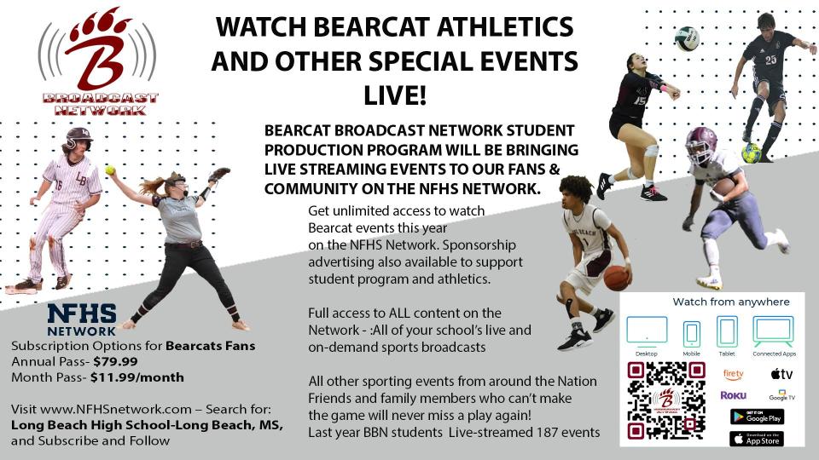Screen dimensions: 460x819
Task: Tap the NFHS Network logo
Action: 81,319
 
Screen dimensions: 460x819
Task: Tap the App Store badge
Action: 757,439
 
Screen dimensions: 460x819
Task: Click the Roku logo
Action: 733,395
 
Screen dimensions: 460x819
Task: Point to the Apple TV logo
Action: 781,374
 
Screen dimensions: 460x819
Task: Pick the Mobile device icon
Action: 692,333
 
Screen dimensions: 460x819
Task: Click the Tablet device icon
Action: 727,331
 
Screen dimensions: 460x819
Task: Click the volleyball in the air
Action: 686,38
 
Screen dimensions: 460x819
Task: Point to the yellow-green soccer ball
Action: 752,153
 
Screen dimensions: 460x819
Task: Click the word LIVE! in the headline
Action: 394,94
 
